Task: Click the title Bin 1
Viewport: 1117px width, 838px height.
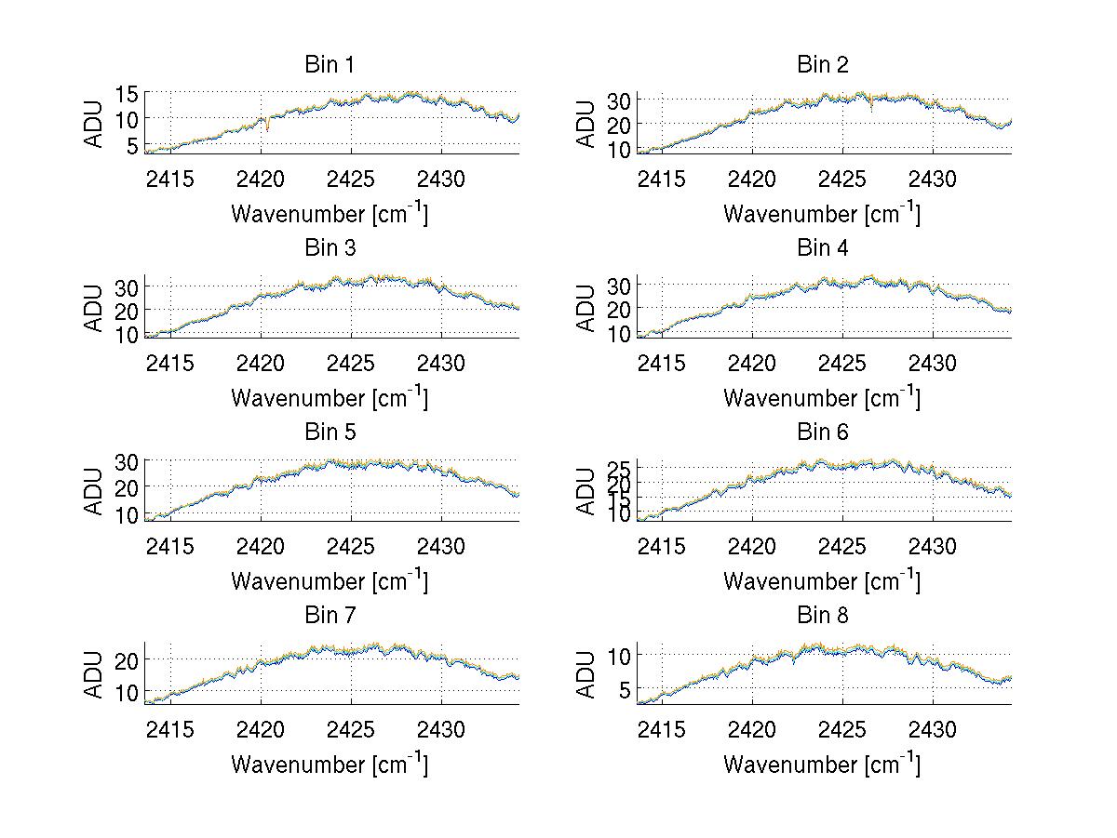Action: (330, 65)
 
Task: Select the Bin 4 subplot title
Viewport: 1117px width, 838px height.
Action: (823, 248)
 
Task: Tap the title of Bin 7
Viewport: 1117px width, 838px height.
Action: (330, 616)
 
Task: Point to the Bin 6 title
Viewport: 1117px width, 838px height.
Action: (823, 432)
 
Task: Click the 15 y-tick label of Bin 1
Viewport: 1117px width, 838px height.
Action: (127, 94)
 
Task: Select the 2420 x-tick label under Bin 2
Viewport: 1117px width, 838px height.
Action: (752, 179)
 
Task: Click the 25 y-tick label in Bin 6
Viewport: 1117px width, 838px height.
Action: (619, 466)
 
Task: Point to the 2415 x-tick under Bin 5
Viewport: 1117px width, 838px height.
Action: (170, 546)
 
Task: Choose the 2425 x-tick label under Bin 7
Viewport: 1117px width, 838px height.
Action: (352, 729)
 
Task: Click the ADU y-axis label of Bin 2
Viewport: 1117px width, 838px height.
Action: (586, 124)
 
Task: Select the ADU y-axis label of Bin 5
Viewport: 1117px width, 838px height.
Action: (94, 491)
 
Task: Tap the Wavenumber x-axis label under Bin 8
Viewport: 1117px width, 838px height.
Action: (822, 764)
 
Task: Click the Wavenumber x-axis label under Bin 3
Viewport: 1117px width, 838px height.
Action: (330, 397)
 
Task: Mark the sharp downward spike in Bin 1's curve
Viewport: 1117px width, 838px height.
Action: (267, 126)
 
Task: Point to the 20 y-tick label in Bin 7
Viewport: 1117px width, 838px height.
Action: (127, 659)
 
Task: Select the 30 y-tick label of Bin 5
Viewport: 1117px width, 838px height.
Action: (127, 461)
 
